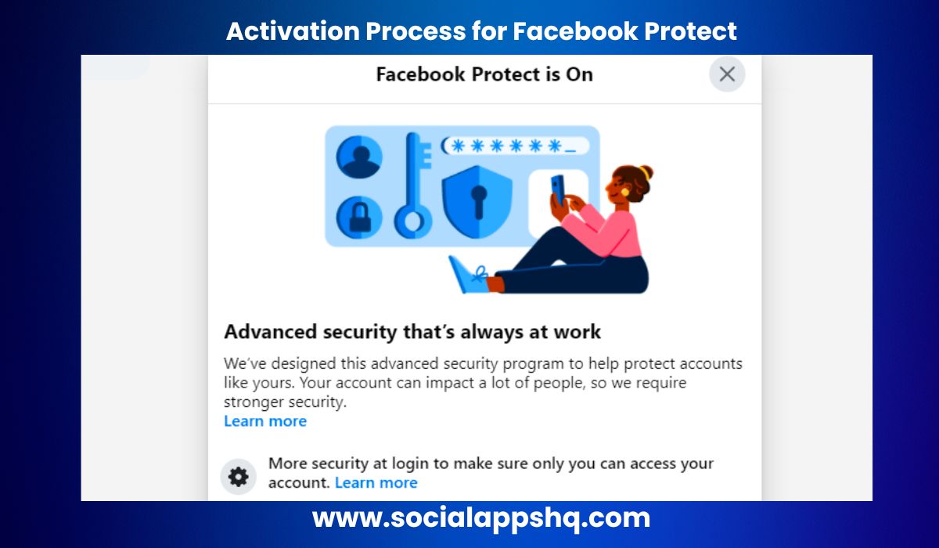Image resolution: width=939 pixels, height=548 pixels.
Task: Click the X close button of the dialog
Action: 727,74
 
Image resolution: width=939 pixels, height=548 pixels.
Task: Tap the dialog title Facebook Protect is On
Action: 484,74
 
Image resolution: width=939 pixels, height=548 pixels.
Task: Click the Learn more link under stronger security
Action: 265,421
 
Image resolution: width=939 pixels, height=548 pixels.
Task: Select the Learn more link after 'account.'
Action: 376,482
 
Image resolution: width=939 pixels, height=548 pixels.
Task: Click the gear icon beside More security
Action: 238,476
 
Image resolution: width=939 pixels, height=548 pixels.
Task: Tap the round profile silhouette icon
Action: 359,157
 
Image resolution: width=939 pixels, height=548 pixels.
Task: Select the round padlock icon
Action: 359,217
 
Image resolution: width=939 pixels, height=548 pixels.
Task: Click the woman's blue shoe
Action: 468,276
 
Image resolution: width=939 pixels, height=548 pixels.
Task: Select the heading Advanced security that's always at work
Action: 412,331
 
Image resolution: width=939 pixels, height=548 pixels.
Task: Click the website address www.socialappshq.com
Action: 480,517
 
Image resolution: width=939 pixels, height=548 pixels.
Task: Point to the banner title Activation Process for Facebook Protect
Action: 481,31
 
